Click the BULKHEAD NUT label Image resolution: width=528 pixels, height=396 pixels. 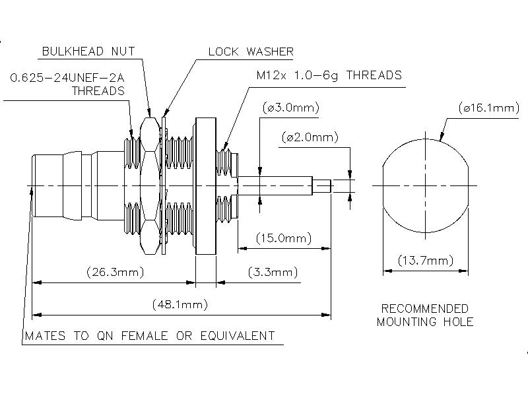pyautogui.click(x=89, y=51)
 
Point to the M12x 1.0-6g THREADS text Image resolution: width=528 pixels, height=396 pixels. pyautogui.click(x=329, y=75)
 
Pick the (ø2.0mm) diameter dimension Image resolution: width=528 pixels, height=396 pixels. pyautogui.click(x=309, y=137)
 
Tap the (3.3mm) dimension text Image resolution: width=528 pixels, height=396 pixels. pyautogui.click(x=273, y=272)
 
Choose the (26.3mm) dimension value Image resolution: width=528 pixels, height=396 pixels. pyautogui.click(x=115, y=272)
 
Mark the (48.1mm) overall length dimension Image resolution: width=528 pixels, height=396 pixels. pyautogui.click(x=180, y=304)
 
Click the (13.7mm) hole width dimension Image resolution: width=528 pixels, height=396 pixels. pyautogui.click(x=425, y=261)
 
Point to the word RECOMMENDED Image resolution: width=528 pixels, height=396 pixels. pyautogui.click(x=425, y=309)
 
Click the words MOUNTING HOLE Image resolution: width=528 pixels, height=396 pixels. pyautogui.click(x=425, y=322)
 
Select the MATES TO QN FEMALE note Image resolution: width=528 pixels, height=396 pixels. pyautogui.click(x=150, y=336)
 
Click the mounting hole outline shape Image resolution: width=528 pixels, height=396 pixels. pyautogui.click(x=425, y=185)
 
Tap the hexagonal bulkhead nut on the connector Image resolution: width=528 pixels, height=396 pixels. pyautogui.click(x=150, y=185)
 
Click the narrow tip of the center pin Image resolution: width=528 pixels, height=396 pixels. pyautogui.click(x=323, y=186)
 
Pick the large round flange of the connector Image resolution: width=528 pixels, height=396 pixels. pyautogui.click(x=205, y=185)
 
